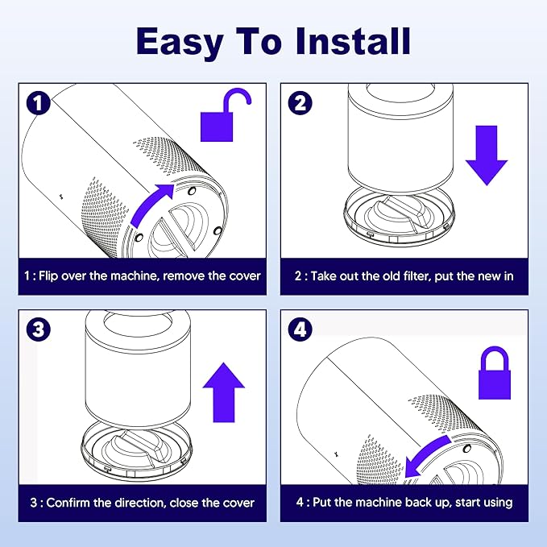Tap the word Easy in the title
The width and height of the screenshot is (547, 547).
coord(180,44)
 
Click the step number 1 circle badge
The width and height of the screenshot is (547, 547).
coord(39,102)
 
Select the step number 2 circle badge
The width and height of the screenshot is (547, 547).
coord(300,102)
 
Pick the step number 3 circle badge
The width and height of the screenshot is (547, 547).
coord(39,329)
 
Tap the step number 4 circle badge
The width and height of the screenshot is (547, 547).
coord(300,329)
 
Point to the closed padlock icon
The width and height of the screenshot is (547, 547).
coord(495,372)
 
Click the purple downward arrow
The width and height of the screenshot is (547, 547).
coord(487,155)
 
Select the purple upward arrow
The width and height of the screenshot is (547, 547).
coord(224,392)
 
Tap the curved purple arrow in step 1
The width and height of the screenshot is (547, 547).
coord(150,205)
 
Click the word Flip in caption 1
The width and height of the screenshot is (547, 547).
coord(48,276)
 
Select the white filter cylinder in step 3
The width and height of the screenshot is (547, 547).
coord(138,368)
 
